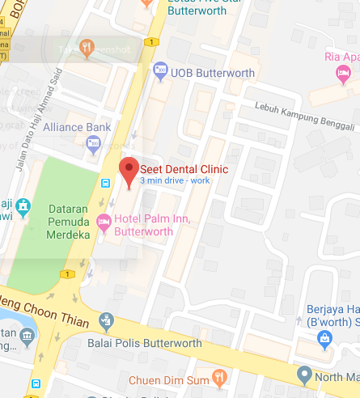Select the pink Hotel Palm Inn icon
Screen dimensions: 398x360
[104, 221]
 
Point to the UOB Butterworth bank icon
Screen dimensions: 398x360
[160, 71]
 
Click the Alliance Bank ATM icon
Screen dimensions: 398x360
[92, 143]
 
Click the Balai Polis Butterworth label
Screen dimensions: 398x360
[145, 343]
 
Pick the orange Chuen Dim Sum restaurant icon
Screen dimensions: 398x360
[218, 378]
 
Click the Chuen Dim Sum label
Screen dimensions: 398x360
[171, 379]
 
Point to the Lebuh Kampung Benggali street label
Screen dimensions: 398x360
[305, 115]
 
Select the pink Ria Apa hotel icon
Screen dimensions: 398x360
[343, 74]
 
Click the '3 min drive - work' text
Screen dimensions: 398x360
[174, 180]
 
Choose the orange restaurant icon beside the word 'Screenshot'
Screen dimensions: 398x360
[87, 49]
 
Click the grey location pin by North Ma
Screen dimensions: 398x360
[304, 375]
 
